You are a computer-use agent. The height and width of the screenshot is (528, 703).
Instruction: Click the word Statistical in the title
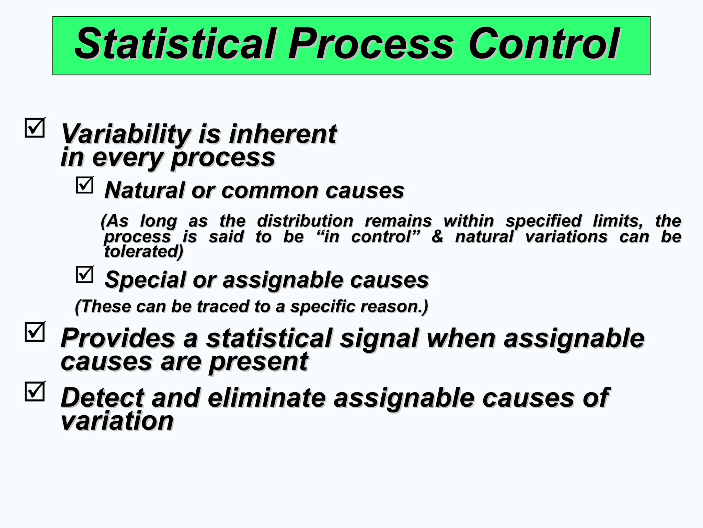(x=175, y=44)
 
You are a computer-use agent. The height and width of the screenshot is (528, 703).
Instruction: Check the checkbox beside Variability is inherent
(x=35, y=128)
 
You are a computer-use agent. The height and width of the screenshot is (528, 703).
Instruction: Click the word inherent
(x=283, y=134)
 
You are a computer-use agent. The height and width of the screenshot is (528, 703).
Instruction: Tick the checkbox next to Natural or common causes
(x=84, y=185)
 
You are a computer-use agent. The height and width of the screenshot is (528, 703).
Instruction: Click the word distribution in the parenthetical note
(x=305, y=221)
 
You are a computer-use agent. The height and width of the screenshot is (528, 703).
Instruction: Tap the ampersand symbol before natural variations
(x=437, y=237)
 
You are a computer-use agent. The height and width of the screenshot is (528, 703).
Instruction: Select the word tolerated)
(x=143, y=252)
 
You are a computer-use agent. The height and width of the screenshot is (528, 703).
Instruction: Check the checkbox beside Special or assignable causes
(x=84, y=275)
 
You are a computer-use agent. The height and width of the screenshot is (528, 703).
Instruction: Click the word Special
(x=145, y=280)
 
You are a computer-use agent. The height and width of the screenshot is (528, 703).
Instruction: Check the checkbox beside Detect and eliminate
(x=35, y=392)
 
